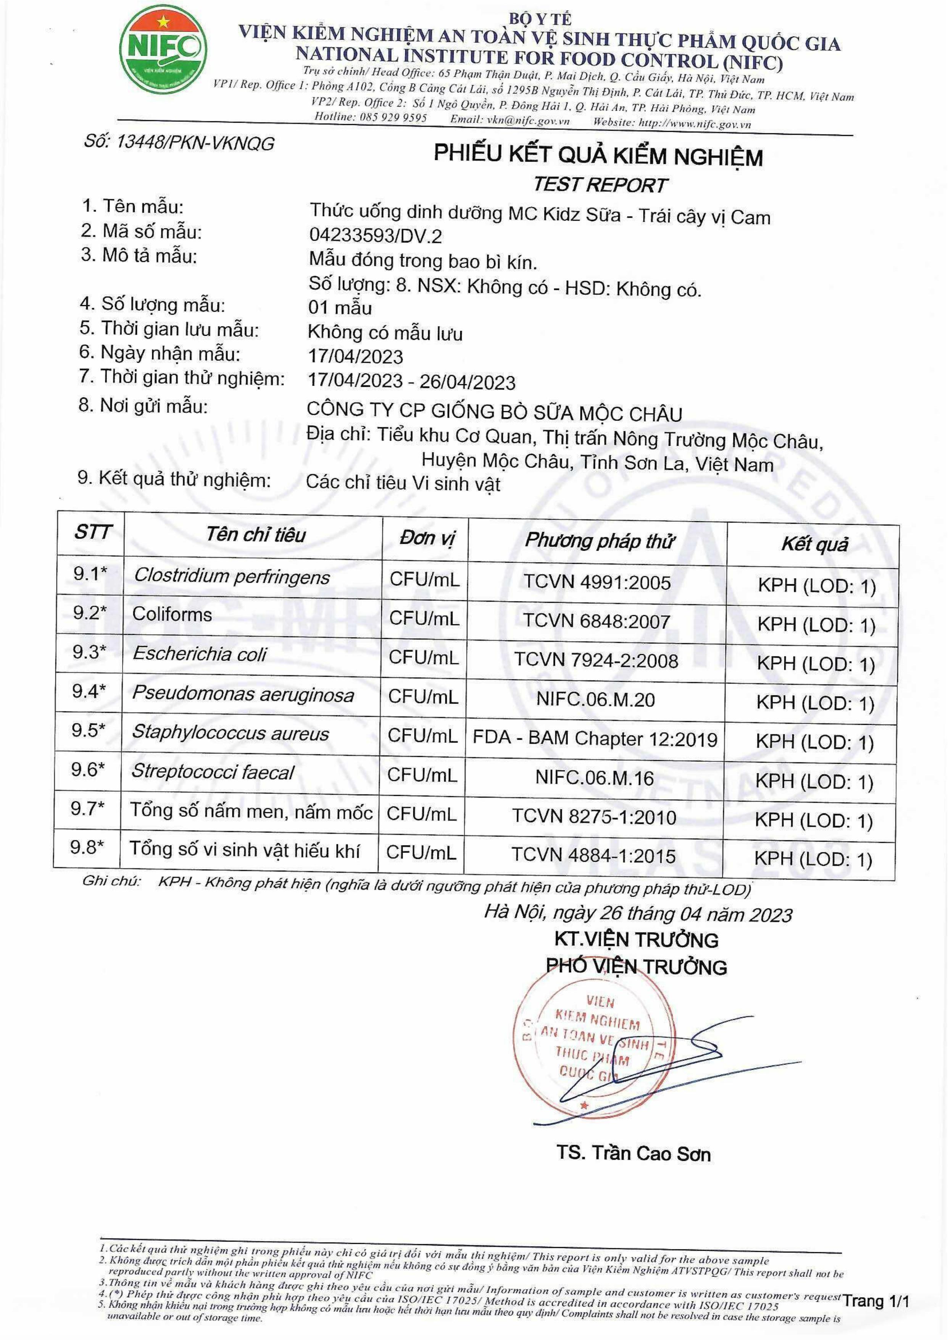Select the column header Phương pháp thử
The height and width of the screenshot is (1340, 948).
coord(599,540)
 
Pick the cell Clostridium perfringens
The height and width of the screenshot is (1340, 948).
coord(232,577)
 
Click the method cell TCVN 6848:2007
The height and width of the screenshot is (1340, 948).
coord(597,621)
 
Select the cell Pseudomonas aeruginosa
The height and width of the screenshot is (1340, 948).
coord(243,695)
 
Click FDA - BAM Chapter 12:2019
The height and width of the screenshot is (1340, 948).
coord(595,739)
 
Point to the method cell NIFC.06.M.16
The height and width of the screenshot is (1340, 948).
coord(595,778)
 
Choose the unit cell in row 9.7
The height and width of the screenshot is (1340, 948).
coord(421,814)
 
